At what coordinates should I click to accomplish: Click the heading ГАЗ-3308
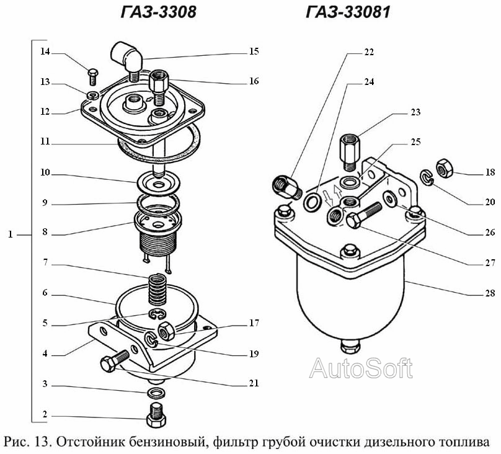point(159,12)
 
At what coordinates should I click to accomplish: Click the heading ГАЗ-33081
point(348,12)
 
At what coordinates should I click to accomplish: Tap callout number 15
point(254,51)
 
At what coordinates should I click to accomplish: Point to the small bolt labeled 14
point(93,77)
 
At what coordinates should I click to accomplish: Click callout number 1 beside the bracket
point(11,234)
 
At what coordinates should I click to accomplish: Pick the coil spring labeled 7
point(157,290)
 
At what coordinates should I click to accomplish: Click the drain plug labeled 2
point(156,415)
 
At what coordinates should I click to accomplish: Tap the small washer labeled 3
point(156,393)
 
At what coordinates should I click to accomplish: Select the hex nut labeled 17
point(166,331)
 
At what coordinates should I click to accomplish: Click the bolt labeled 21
point(114,361)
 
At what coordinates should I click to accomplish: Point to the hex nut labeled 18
point(445,168)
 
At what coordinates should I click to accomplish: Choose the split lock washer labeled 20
point(427,177)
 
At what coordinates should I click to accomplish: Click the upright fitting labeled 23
point(349,153)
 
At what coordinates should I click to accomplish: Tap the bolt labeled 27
point(364,215)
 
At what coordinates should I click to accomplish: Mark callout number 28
point(490,293)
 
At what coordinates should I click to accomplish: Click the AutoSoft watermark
point(361,368)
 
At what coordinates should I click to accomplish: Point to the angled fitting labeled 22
point(287,188)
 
